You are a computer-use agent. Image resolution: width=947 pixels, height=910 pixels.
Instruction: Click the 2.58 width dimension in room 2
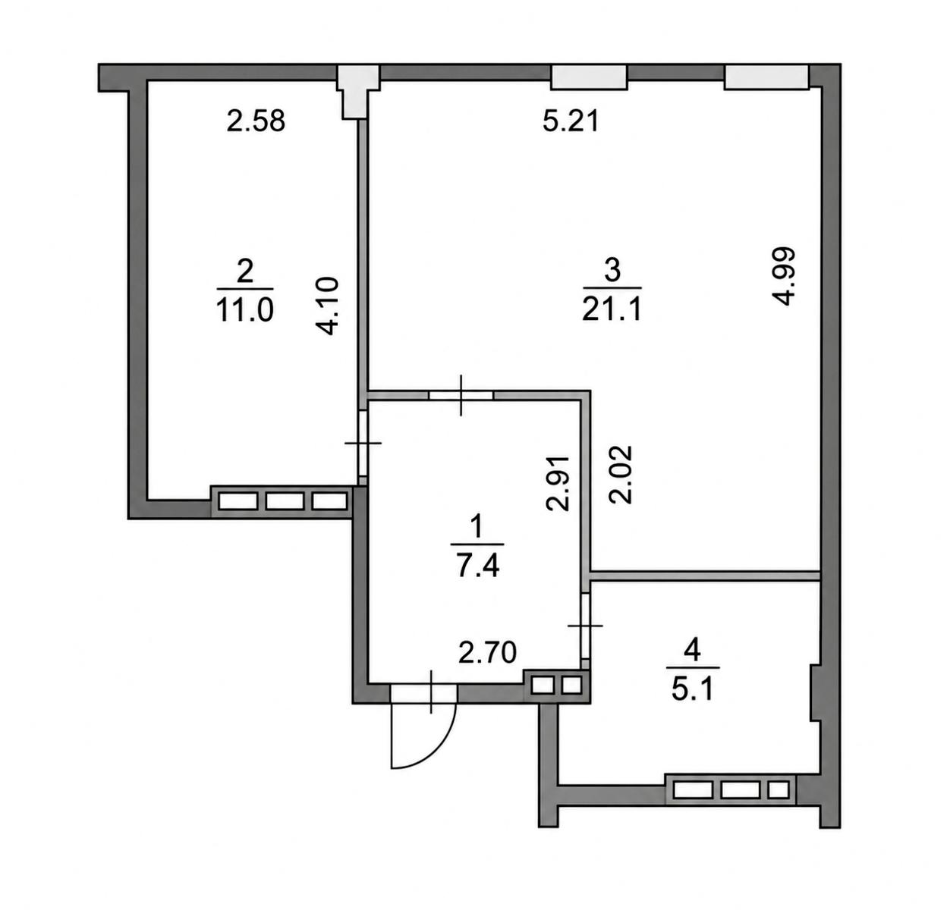click(256, 121)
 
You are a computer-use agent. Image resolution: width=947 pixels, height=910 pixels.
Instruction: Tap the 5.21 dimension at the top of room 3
click(571, 121)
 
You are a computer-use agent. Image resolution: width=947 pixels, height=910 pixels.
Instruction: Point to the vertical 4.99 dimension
click(784, 276)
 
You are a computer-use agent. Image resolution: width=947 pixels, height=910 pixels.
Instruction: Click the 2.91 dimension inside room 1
click(557, 483)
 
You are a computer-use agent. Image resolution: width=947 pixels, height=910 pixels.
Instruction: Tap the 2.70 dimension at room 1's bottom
click(487, 653)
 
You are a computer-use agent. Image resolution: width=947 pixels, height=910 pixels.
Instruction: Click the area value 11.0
click(245, 310)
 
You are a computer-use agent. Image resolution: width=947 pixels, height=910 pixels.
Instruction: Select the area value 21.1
click(612, 309)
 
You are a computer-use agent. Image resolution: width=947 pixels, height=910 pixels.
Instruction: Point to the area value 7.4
click(478, 566)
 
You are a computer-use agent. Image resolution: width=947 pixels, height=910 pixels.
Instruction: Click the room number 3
click(612, 271)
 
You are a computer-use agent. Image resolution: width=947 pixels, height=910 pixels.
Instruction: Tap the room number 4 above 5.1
click(692, 650)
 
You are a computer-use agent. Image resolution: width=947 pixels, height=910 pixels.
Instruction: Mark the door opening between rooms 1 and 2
click(363, 443)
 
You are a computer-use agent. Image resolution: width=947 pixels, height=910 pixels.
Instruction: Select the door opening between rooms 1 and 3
click(461, 394)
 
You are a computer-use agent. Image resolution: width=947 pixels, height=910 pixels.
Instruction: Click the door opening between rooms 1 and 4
click(586, 626)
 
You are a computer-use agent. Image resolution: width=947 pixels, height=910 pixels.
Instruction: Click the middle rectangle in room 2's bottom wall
click(285, 501)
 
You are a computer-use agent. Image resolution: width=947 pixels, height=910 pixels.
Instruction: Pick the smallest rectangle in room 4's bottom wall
click(779, 790)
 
